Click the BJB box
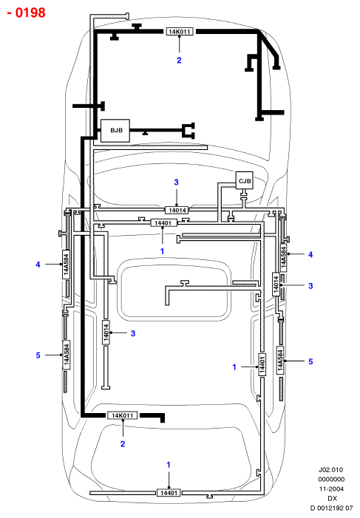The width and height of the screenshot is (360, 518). tap(115, 131)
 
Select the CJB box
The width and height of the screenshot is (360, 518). tap(244, 180)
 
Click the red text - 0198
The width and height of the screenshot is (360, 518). tap(26, 13)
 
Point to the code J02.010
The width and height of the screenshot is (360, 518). tap(330, 469)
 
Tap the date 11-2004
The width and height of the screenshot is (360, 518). tap(331, 488)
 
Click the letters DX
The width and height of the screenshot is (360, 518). tap(332, 498)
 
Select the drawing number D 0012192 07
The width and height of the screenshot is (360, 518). tap(331, 508)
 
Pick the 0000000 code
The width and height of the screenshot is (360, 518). tap(331, 479)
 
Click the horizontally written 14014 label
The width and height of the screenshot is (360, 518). tap(177, 210)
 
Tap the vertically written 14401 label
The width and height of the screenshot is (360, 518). tap(262, 364)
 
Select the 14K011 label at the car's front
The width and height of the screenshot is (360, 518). tap(180, 32)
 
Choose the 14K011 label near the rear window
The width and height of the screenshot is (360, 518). tap(122, 415)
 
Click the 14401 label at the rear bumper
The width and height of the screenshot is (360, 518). tap(169, 493)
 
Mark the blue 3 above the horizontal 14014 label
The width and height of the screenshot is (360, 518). tap(176, 182)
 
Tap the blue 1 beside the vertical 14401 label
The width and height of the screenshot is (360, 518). tap(234, 367)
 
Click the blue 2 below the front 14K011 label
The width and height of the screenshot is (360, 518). tap(179, 60)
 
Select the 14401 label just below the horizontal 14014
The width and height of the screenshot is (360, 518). tap(163, 223)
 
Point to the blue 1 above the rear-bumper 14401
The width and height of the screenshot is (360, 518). tap(169, 465)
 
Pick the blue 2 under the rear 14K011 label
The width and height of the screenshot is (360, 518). tap(123, 444)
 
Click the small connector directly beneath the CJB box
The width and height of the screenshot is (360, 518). tap(244, 195)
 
